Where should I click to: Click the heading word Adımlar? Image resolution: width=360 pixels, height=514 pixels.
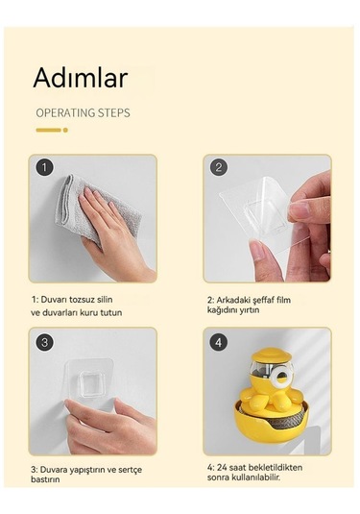click(x=81, y=78)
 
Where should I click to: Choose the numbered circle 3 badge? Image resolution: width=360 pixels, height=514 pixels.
click(x=45, y=343)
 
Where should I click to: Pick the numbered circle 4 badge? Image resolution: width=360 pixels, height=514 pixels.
click(x=220, y=343)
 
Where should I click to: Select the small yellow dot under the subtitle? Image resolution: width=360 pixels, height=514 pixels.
click(x=65, y=130)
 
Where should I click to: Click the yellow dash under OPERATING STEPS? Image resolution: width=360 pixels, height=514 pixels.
click(x=47, y=130)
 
